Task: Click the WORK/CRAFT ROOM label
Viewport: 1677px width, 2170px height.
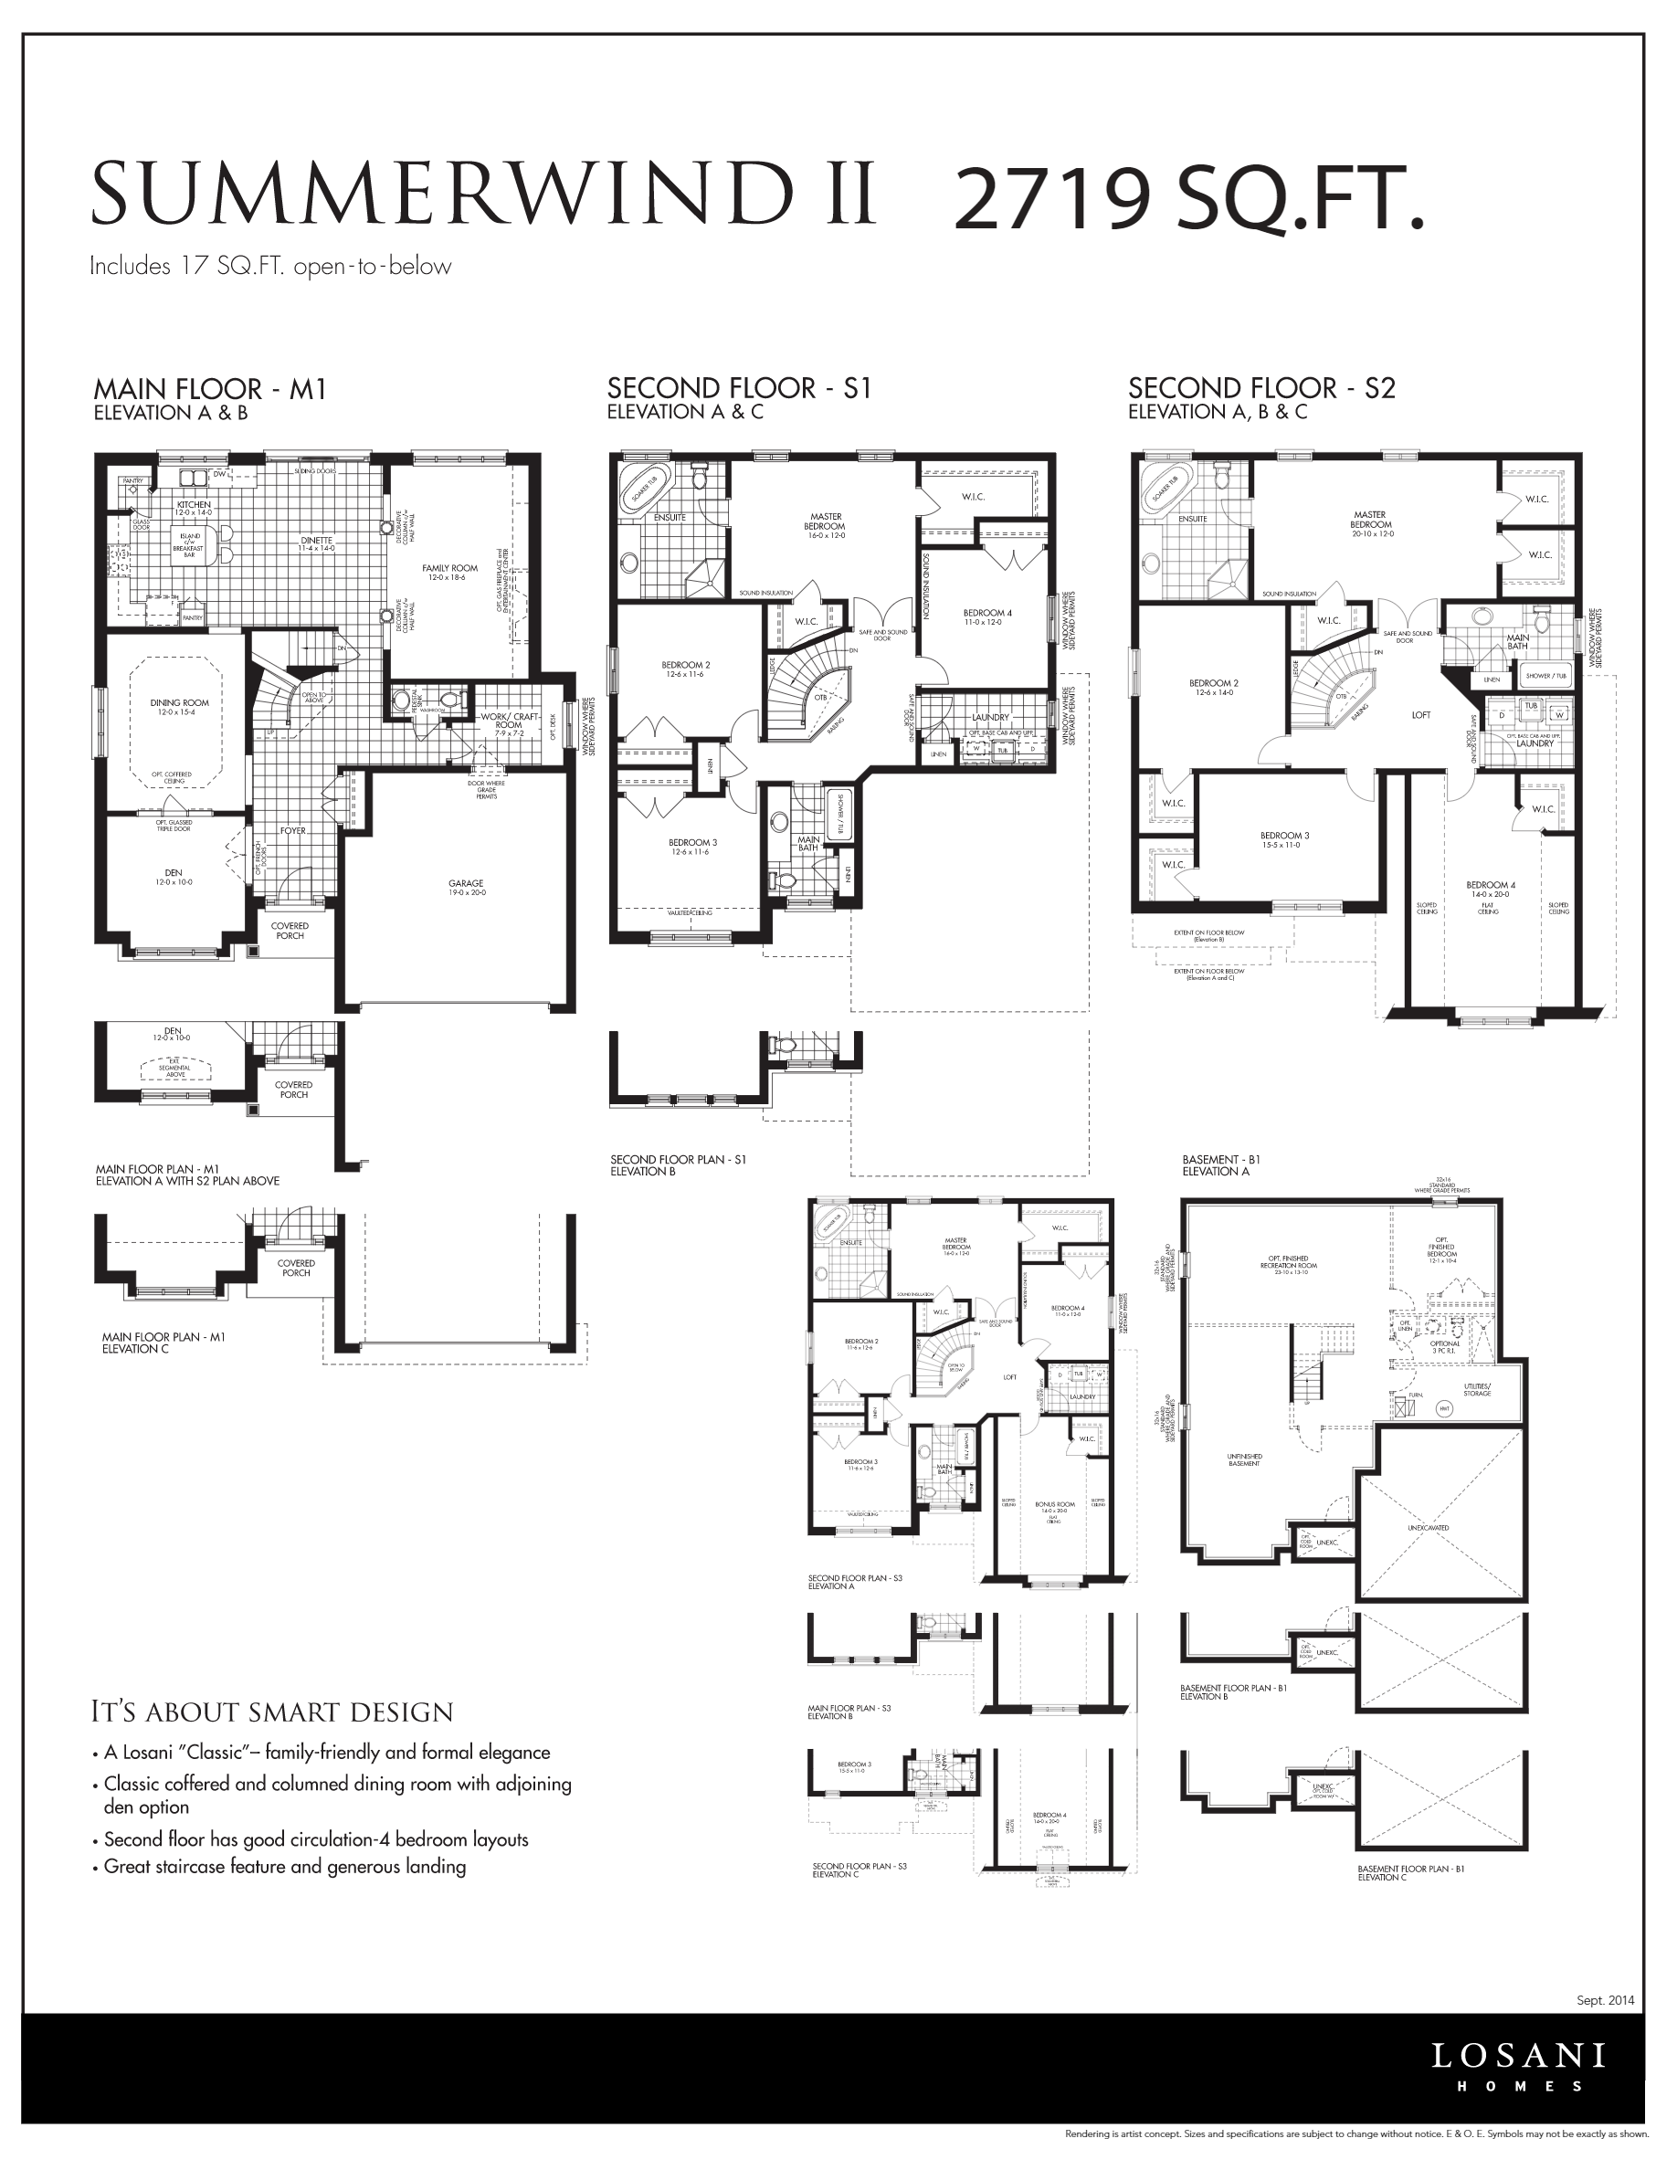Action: point(508,721)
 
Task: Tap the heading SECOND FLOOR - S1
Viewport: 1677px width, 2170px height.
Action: point(738,388)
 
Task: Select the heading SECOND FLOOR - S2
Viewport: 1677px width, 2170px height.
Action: point(1260,388)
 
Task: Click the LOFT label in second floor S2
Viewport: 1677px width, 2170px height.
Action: point(1420,715)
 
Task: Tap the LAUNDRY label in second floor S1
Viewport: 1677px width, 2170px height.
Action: point(989,717)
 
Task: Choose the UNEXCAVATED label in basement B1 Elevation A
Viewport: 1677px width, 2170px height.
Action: point(1428,1528)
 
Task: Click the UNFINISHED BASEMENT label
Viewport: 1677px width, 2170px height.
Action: point(1244,1459)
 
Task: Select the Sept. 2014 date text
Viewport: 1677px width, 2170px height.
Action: point(1605,2001)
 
